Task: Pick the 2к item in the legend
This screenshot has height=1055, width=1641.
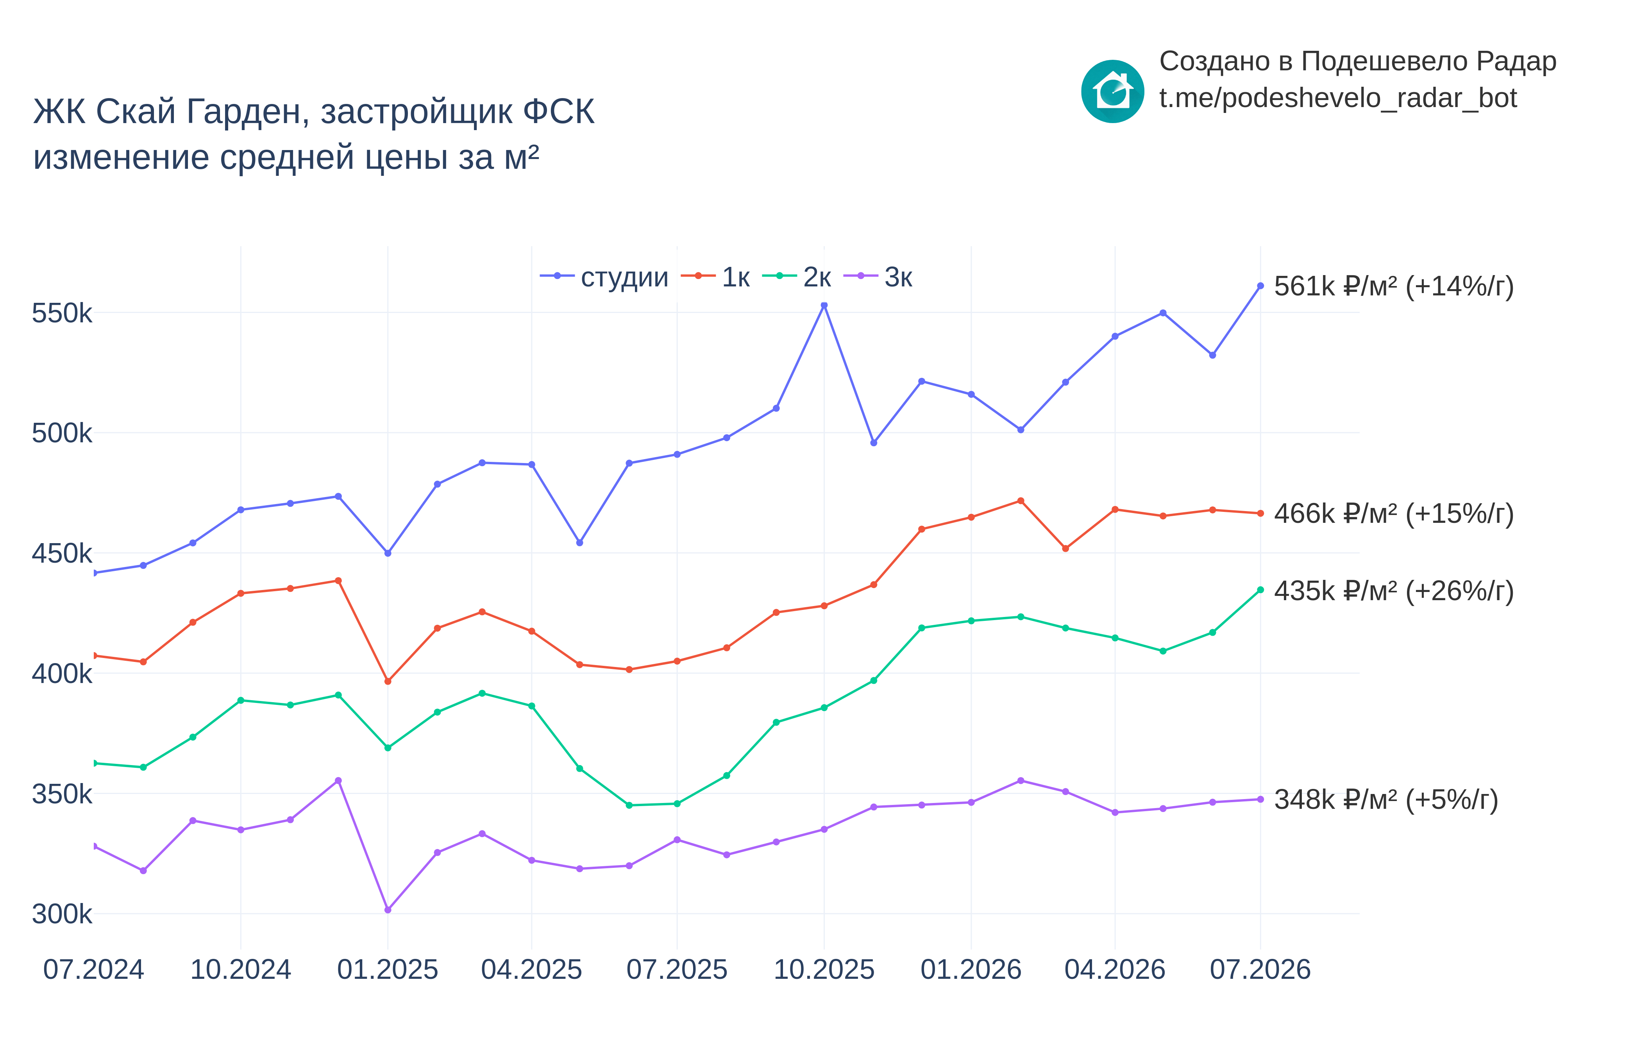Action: coord(797,277)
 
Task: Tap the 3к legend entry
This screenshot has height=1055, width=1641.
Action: coord(878,277)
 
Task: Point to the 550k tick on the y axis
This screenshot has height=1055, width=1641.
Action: coord(62,313)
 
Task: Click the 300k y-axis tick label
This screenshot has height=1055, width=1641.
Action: coord(62,914)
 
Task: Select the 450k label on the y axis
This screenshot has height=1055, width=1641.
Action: coord(62,554)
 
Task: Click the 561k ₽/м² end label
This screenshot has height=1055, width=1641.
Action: coord(1394,286)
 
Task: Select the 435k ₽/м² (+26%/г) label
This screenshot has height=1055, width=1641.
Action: coord(1394,590)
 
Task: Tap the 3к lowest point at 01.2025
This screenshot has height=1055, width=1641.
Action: coord(388,910)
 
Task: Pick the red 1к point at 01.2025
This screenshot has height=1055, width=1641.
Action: coord(388,681)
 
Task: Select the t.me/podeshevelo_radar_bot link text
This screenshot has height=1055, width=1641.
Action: coord(1337,98)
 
